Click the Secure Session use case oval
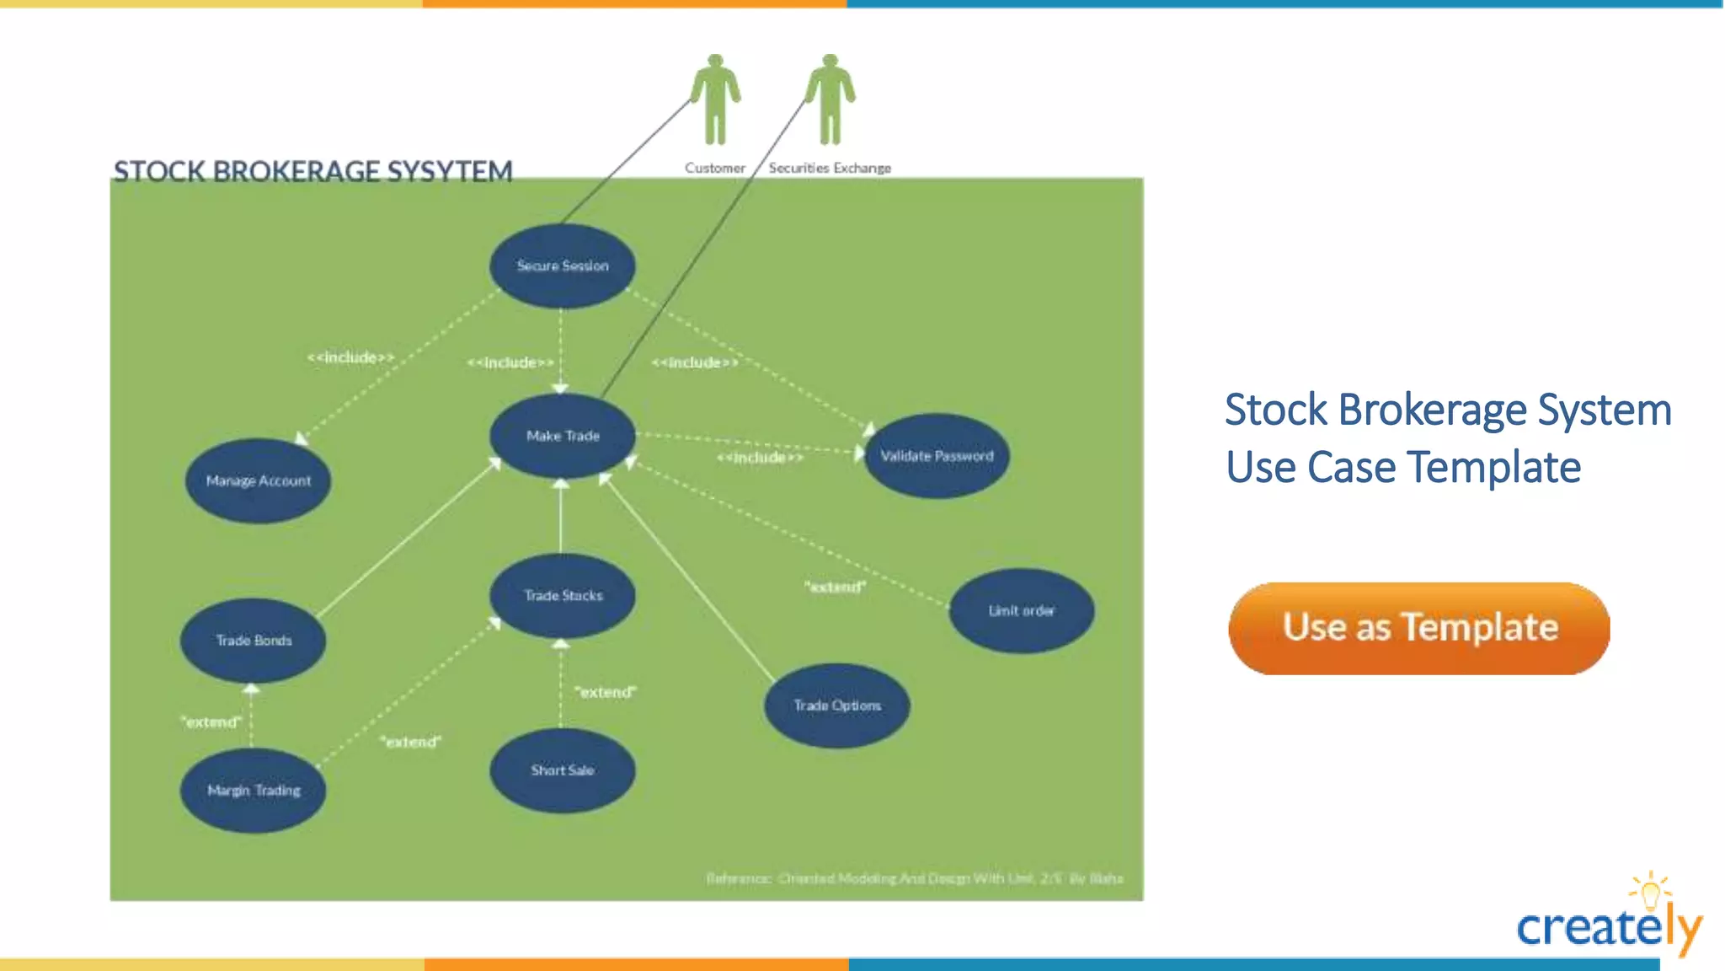pos(562,266)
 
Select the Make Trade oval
pos(562,436)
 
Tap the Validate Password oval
pos(937,456)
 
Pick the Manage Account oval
pos(258,480)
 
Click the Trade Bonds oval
pos(253,641)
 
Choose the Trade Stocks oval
pos(563,596)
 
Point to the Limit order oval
pos(1021,610)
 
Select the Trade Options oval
pos(836,705)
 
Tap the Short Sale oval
pos(562,770)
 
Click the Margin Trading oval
pos(253,791)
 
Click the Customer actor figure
pos(715,99)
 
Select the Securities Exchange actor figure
pos(830,99)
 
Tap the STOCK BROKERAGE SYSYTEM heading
pos(312,171)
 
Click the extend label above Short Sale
pos(606,692)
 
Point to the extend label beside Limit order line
pos(835,587)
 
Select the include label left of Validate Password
pos(760,458)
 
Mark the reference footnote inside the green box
pos(914,878)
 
